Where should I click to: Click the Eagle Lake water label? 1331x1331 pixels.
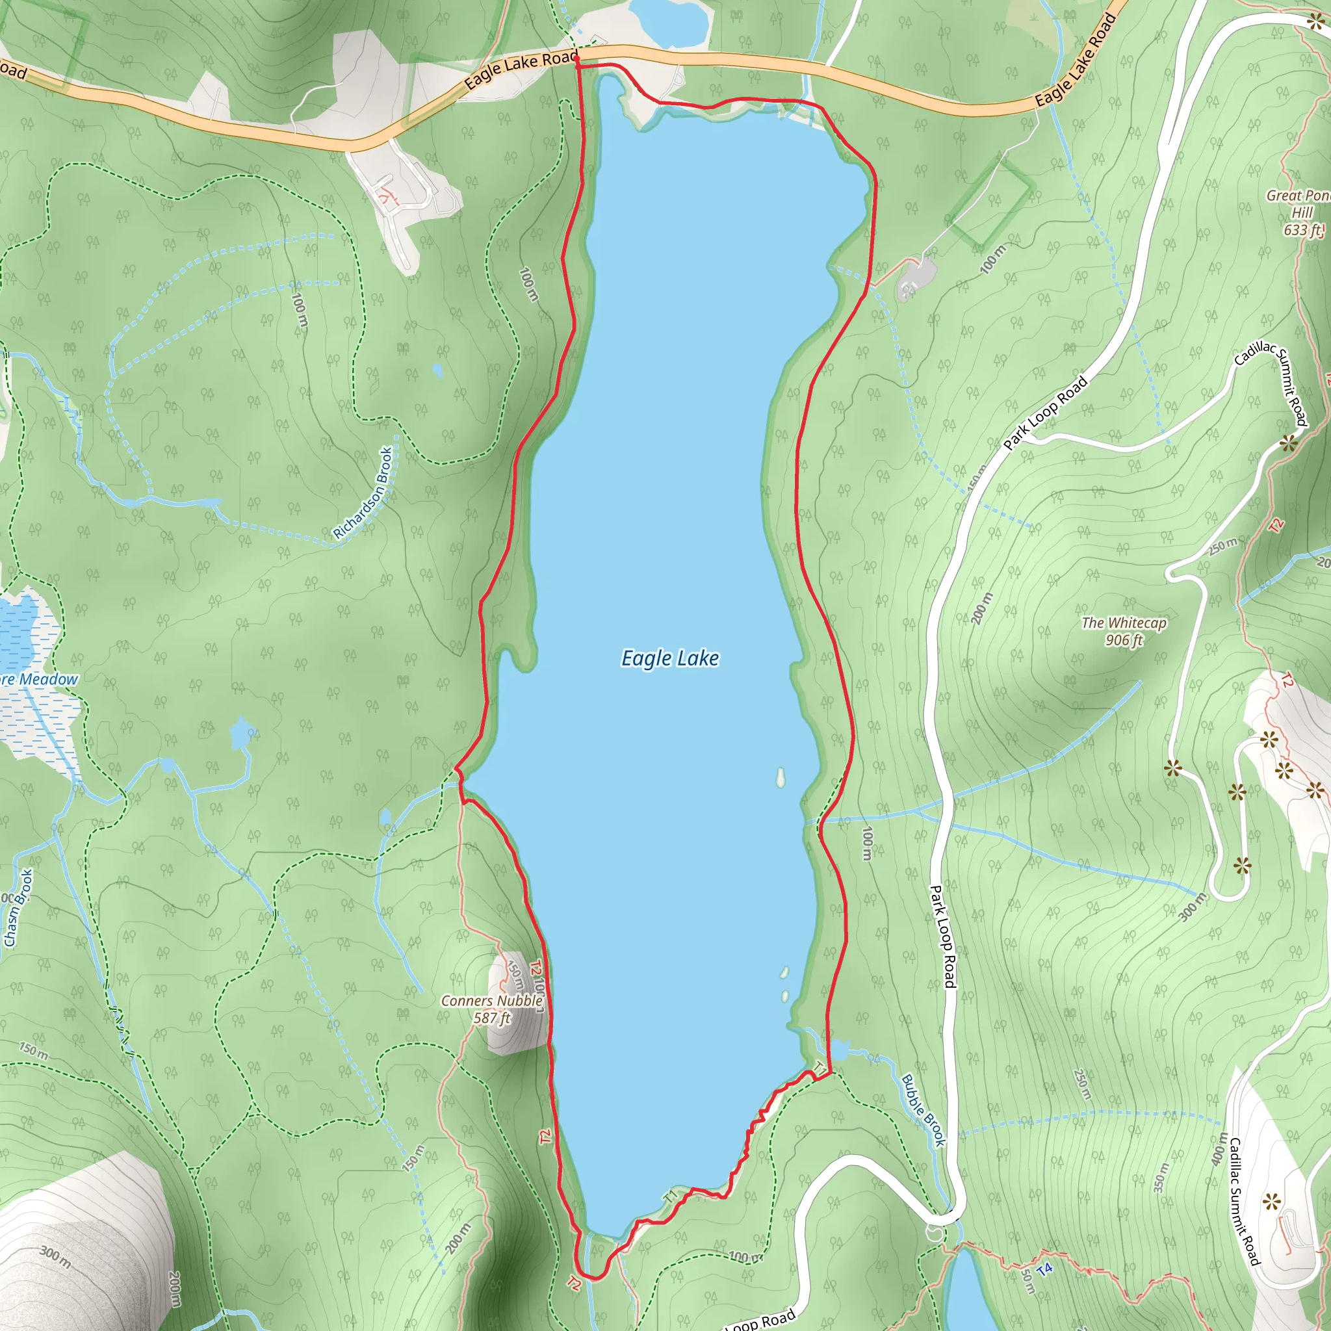669,658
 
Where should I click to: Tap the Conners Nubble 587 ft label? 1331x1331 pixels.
491,1009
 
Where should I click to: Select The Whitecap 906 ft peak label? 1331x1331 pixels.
1124,632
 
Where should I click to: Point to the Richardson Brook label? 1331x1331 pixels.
363,493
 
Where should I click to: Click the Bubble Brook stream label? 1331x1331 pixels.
923,1110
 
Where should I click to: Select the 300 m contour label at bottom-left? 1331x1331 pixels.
55,1258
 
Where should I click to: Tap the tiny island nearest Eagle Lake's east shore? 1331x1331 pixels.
781,777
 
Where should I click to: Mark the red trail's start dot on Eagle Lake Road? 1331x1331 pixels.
576,60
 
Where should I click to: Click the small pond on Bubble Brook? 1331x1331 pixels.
838,1051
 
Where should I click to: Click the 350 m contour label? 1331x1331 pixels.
1161,1178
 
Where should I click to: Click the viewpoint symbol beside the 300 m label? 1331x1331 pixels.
1242,865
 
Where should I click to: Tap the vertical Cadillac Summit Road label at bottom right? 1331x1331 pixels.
1244,1202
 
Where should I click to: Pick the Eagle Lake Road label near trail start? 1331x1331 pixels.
520,69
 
